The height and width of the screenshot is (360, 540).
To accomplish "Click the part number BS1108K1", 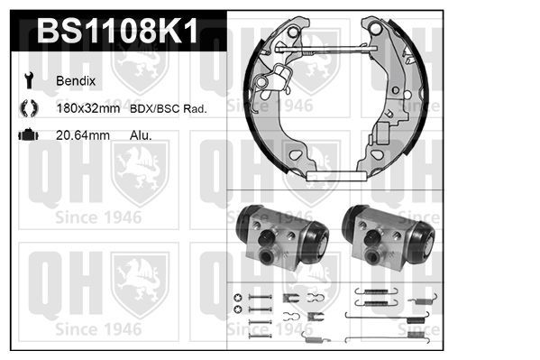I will pyautogui.click(x=116, y=34).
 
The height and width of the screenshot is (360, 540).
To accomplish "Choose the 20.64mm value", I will pyautogui.click(x=83, y=135).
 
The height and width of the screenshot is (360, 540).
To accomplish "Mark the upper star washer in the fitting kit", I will pyautogui.click(x=238, y=299).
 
